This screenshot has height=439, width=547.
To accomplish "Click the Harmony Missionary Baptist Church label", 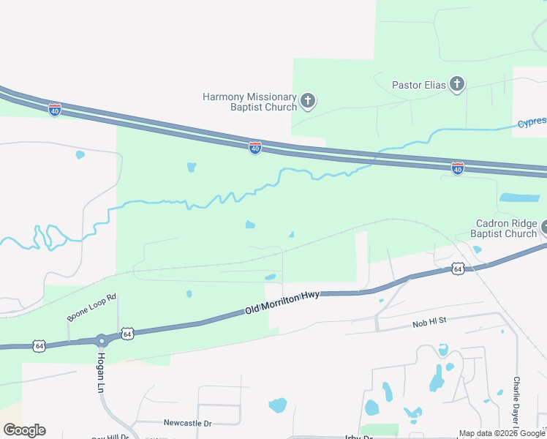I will (249, 102).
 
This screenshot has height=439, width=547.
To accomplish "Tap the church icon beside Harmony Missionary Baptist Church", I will (308, 100).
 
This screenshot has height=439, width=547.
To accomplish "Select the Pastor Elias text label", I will (418, 85).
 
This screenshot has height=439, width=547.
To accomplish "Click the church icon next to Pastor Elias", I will (457, 84).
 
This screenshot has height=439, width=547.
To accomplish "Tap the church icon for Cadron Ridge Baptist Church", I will (545, 228).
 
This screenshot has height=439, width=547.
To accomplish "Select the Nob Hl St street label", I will (429, 321).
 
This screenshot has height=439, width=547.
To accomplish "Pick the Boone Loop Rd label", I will (92, 308).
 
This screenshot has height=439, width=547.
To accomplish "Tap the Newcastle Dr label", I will (187, 423).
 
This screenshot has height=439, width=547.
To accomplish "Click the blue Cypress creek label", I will (532, 123).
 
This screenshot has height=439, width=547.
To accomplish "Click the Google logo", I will (24, 430).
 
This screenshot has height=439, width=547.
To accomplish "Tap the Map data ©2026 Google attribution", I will (502, 433).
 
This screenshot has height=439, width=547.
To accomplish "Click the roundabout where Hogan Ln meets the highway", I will (100, 341).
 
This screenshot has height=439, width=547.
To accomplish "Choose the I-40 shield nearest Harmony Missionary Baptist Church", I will (254, 148).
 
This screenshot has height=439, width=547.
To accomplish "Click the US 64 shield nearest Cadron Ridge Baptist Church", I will (457, 269).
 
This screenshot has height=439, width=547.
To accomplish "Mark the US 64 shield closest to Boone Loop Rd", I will (127, 334).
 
